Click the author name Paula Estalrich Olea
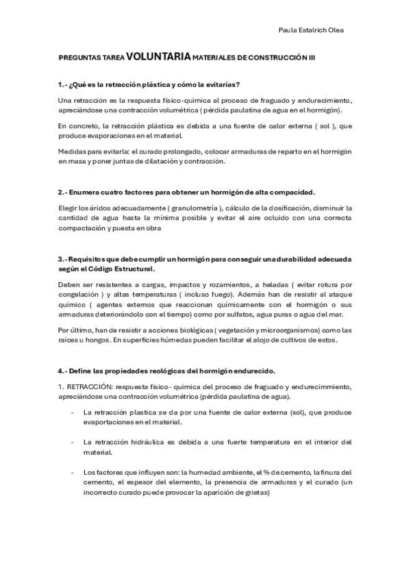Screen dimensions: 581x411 [312, 30]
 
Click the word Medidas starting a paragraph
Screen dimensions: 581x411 [72, 152]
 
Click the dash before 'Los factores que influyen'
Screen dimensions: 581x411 [73, 472]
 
